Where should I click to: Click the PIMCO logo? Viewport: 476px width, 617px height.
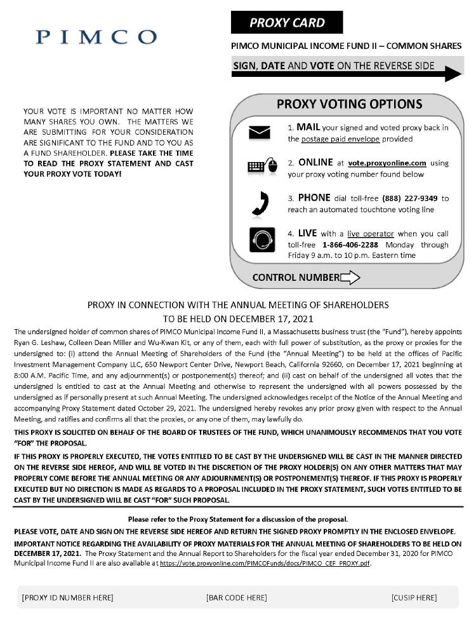(96, 37)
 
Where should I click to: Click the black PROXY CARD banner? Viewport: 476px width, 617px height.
(287, 23)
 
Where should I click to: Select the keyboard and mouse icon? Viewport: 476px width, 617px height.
(262, 167)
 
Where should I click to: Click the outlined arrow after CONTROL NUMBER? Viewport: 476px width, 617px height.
(350, 277)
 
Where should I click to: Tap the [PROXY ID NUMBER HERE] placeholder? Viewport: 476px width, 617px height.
(67, 597)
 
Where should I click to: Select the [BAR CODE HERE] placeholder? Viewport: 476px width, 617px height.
(236, 597)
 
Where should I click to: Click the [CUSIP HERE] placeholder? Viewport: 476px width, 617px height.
(414, 597)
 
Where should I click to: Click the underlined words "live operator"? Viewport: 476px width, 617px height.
(365, 234)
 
